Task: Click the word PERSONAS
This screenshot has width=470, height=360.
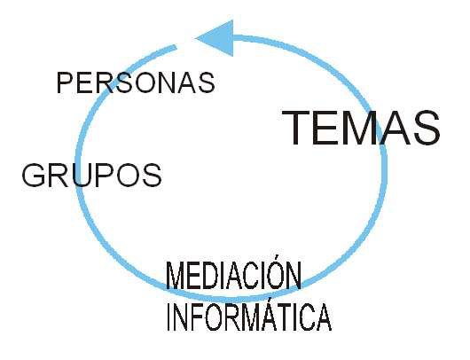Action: pyautogui.click(x=136, y=82)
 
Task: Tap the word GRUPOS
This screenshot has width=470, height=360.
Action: pyautogui.click(x=91, y=176)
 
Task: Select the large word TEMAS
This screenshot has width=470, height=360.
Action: pyautogui.click(x=361, y=128)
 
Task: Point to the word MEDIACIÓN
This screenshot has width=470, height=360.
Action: pyautogui.click(x=234, y=274)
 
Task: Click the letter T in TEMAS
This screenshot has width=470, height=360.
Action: pyautogui.click(x=296, y=128)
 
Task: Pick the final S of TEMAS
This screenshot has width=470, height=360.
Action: pyautogui.click(x=426, y=128)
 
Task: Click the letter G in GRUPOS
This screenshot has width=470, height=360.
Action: pyautogui.click(x=34, y=176)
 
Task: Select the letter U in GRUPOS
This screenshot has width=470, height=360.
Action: pyautogui.click(x=81, y=176)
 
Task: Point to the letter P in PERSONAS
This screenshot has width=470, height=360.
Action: pyautogui.click(x=65, y=82)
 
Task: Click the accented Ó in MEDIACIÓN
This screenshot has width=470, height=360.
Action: pyautogui.click(x=275, y=272)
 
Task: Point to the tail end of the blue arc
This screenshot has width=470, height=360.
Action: pyautogui.click(x=176, y=47)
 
